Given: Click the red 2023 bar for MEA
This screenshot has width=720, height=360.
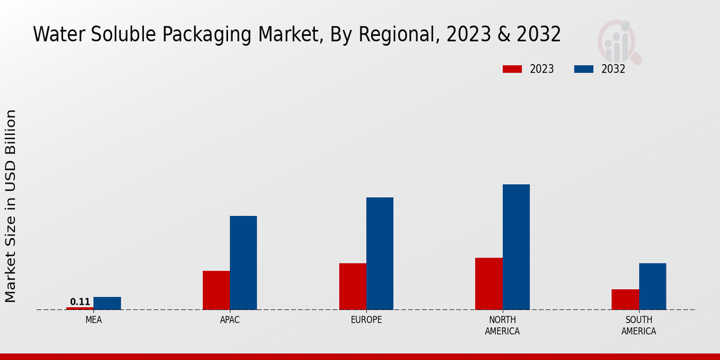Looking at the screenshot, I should click(80, 308).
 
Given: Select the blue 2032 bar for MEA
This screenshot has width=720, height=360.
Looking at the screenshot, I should click(107, 303).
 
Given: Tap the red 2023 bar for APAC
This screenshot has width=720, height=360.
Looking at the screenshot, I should click(216, 290).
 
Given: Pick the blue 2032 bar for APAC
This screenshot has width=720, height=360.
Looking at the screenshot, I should click(243, 263).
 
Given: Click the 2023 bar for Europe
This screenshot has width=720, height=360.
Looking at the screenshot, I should click(352, 286).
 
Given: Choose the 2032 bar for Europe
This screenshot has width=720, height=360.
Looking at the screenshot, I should click(380, 253).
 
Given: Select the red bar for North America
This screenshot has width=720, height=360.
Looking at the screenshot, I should click(488, 284).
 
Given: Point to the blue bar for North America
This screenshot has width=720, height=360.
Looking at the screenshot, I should click(516, 247).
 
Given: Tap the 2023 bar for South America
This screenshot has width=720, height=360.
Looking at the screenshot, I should click(625, 299).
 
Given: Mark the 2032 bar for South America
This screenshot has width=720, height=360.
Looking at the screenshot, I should click(652, 286).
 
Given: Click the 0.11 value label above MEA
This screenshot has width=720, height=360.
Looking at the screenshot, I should click(80, 302).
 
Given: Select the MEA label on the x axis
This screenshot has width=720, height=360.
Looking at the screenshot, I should click(94, 320).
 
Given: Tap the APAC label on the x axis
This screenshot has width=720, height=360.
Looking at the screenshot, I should click(230, 320).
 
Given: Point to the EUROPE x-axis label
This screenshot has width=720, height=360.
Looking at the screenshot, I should click(366, 320).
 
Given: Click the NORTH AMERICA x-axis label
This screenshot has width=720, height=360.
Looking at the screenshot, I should click(502, 325).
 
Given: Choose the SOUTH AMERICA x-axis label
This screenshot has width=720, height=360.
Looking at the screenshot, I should click(638, 325).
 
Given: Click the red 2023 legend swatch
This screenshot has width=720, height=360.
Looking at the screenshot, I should click(512, 69).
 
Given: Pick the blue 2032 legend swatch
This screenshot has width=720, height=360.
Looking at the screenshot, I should click(583, 69).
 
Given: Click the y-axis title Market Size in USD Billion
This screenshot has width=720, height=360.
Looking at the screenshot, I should click(11, 206).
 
